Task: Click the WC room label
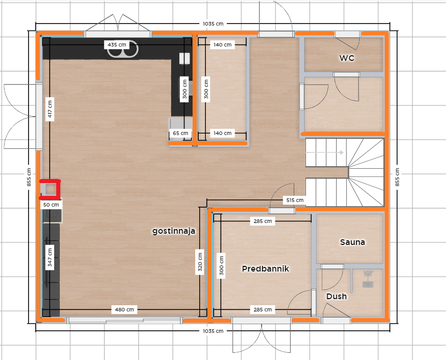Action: [347, 58]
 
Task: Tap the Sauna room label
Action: [353, 242]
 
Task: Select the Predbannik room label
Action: [265, 268]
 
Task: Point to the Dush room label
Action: [337, 296]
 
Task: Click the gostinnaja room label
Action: [174, 231]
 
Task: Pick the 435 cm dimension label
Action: [117, 44]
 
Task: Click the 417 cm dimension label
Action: [50, 109]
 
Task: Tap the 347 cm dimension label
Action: [50, 257]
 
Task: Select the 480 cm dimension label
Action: [124, 309]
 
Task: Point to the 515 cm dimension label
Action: [295, 200]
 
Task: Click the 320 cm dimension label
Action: [200, 262]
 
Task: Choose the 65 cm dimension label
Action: [180, 133]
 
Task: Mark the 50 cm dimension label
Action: [51, 205]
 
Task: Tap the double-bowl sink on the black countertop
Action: [123, 50]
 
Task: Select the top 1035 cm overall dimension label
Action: [213, 24]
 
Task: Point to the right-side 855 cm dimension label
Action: [397, 177]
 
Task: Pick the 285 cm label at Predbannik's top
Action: [263, 221]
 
